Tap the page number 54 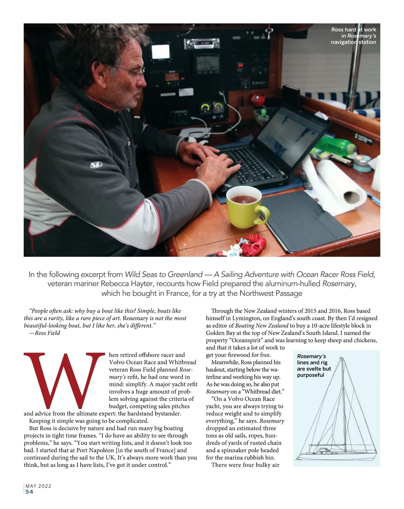click(x=30, y=492)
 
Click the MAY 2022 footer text click(x=38, y=486)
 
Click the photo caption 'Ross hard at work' click(x=353, y=30)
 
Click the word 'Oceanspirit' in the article click(x=247, y=340)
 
